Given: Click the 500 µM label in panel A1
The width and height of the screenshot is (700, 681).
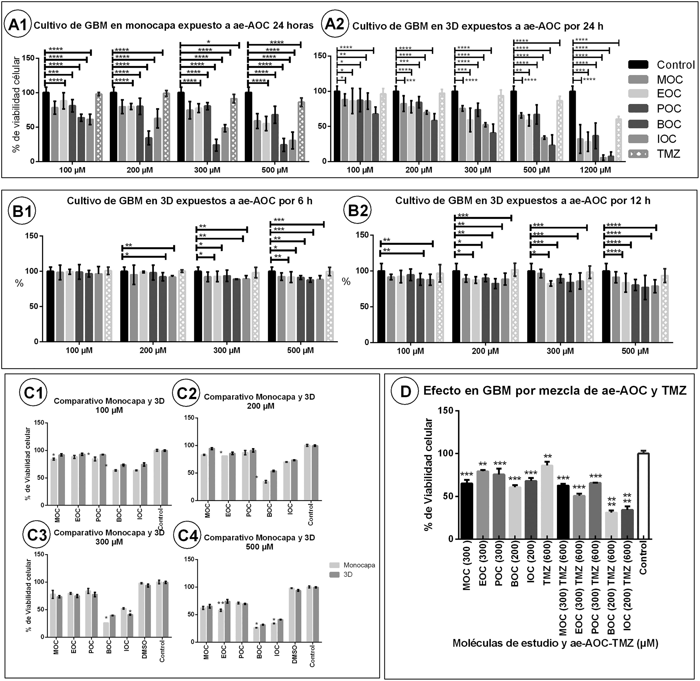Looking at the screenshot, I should coord(274,170).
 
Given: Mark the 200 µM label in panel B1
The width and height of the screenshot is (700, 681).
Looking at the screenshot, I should coord(153,350).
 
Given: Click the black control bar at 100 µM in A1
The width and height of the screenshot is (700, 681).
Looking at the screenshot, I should coord(46,127).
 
